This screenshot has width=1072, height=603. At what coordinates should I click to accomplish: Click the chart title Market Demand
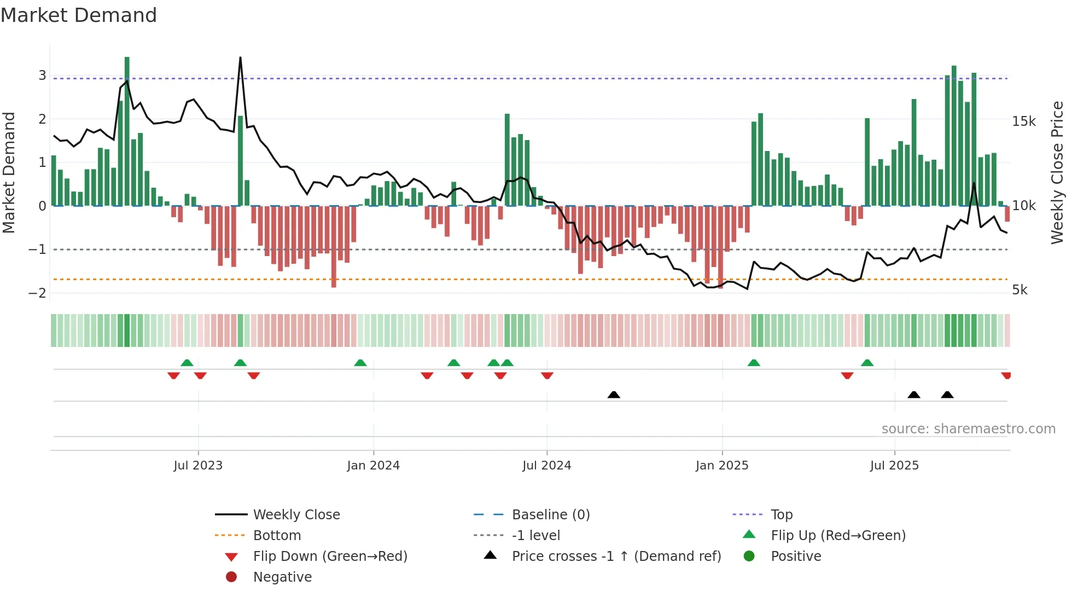coord(79,15)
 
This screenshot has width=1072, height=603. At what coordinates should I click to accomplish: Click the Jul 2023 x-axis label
coord(198,466)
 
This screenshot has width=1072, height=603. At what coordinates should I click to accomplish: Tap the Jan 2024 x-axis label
coord(373,466)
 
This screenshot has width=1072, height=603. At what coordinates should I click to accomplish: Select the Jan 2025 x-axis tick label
coord(721,466)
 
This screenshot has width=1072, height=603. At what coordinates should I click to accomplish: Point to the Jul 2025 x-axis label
coord(894,466)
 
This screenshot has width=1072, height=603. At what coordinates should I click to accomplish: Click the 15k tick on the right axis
coord(1024,121)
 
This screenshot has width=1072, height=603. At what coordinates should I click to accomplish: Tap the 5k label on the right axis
coord(1019,290)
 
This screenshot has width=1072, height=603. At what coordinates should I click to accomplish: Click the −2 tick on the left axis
coord(37,293)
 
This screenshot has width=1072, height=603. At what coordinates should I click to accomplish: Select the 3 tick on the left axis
coord(42,76)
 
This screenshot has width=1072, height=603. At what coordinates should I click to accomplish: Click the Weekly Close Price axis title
coord(1057,172)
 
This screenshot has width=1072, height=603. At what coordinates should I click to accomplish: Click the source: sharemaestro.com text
coord(968,429)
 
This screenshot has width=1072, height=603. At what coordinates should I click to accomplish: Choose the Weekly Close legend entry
coord(296,515)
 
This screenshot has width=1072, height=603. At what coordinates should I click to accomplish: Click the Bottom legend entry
coord(277,536)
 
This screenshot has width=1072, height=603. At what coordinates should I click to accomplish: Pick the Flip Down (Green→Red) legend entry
coord(330,556)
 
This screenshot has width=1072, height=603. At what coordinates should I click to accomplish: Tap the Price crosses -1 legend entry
coord(616,556)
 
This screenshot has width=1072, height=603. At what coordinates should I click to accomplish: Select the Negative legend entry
coord(282,577)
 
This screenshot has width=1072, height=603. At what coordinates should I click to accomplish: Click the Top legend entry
coord(782,515)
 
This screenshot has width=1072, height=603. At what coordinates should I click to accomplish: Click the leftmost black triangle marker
coord(614,395)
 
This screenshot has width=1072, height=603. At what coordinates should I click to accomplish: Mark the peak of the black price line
coord(240,57)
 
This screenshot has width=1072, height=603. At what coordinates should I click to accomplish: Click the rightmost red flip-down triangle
coord(1006,375)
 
